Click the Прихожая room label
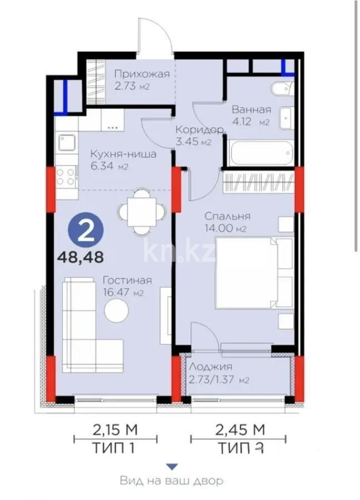141,73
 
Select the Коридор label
199,129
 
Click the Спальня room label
227,216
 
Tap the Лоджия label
211,367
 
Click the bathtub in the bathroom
260,152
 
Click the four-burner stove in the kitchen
66,177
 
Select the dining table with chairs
143,212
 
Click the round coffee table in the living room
119,311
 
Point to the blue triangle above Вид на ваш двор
173,467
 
